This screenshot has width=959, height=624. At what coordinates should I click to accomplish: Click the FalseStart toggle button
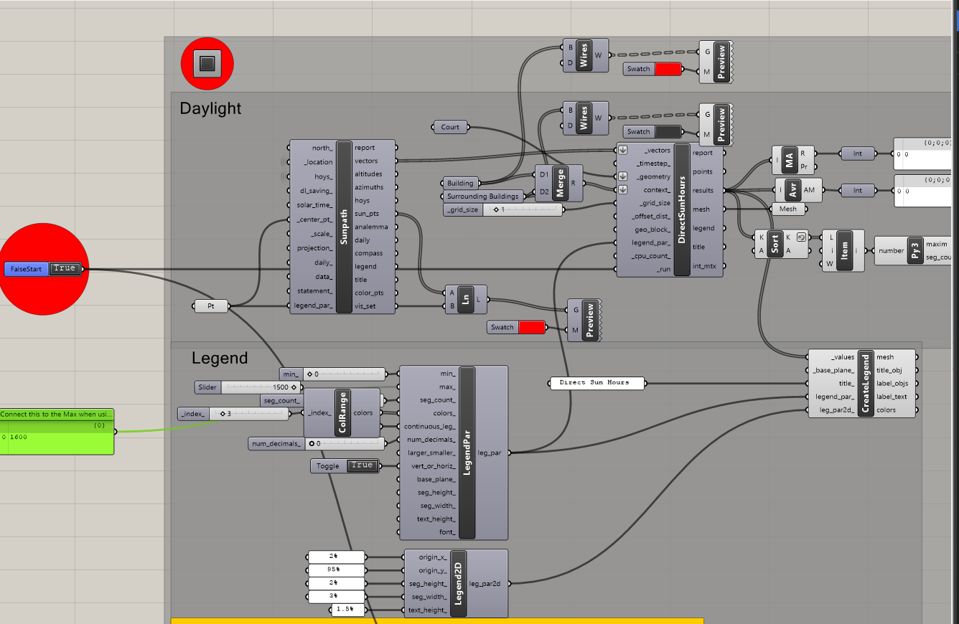pos(43,269)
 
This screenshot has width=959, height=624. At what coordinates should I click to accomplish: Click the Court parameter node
pos(450,127)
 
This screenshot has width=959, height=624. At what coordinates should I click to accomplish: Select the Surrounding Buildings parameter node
pos(482,197)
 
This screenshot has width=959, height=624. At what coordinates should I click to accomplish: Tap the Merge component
pos(558,183)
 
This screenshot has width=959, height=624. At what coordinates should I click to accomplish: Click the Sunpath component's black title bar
pos(344,227)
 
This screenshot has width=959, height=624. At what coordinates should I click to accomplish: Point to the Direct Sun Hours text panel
pos(597,383)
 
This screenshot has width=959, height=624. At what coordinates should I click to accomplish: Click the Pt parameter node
pos(210,306)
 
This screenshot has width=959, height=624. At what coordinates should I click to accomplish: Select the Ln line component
pos(466,299)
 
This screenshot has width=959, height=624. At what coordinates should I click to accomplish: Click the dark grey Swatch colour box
pos(668,132)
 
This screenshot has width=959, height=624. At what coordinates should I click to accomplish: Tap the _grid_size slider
pos(502,209)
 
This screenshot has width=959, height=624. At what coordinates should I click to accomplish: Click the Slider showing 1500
pos(248,387)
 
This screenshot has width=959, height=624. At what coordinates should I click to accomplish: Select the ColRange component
pos(342,412)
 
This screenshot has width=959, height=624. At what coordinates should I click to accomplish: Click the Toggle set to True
pos(345,465)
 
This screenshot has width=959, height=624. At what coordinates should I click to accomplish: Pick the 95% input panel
pos(336,569)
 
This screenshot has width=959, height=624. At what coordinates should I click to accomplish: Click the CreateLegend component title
pos(865,383)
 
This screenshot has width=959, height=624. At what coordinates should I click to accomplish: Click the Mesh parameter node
pos(788,209)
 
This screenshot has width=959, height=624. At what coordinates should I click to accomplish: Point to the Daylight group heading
pos(210,108)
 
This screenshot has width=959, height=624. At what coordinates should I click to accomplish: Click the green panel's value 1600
pos(19,437)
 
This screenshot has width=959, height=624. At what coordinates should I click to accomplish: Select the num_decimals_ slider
pos(317,443)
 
